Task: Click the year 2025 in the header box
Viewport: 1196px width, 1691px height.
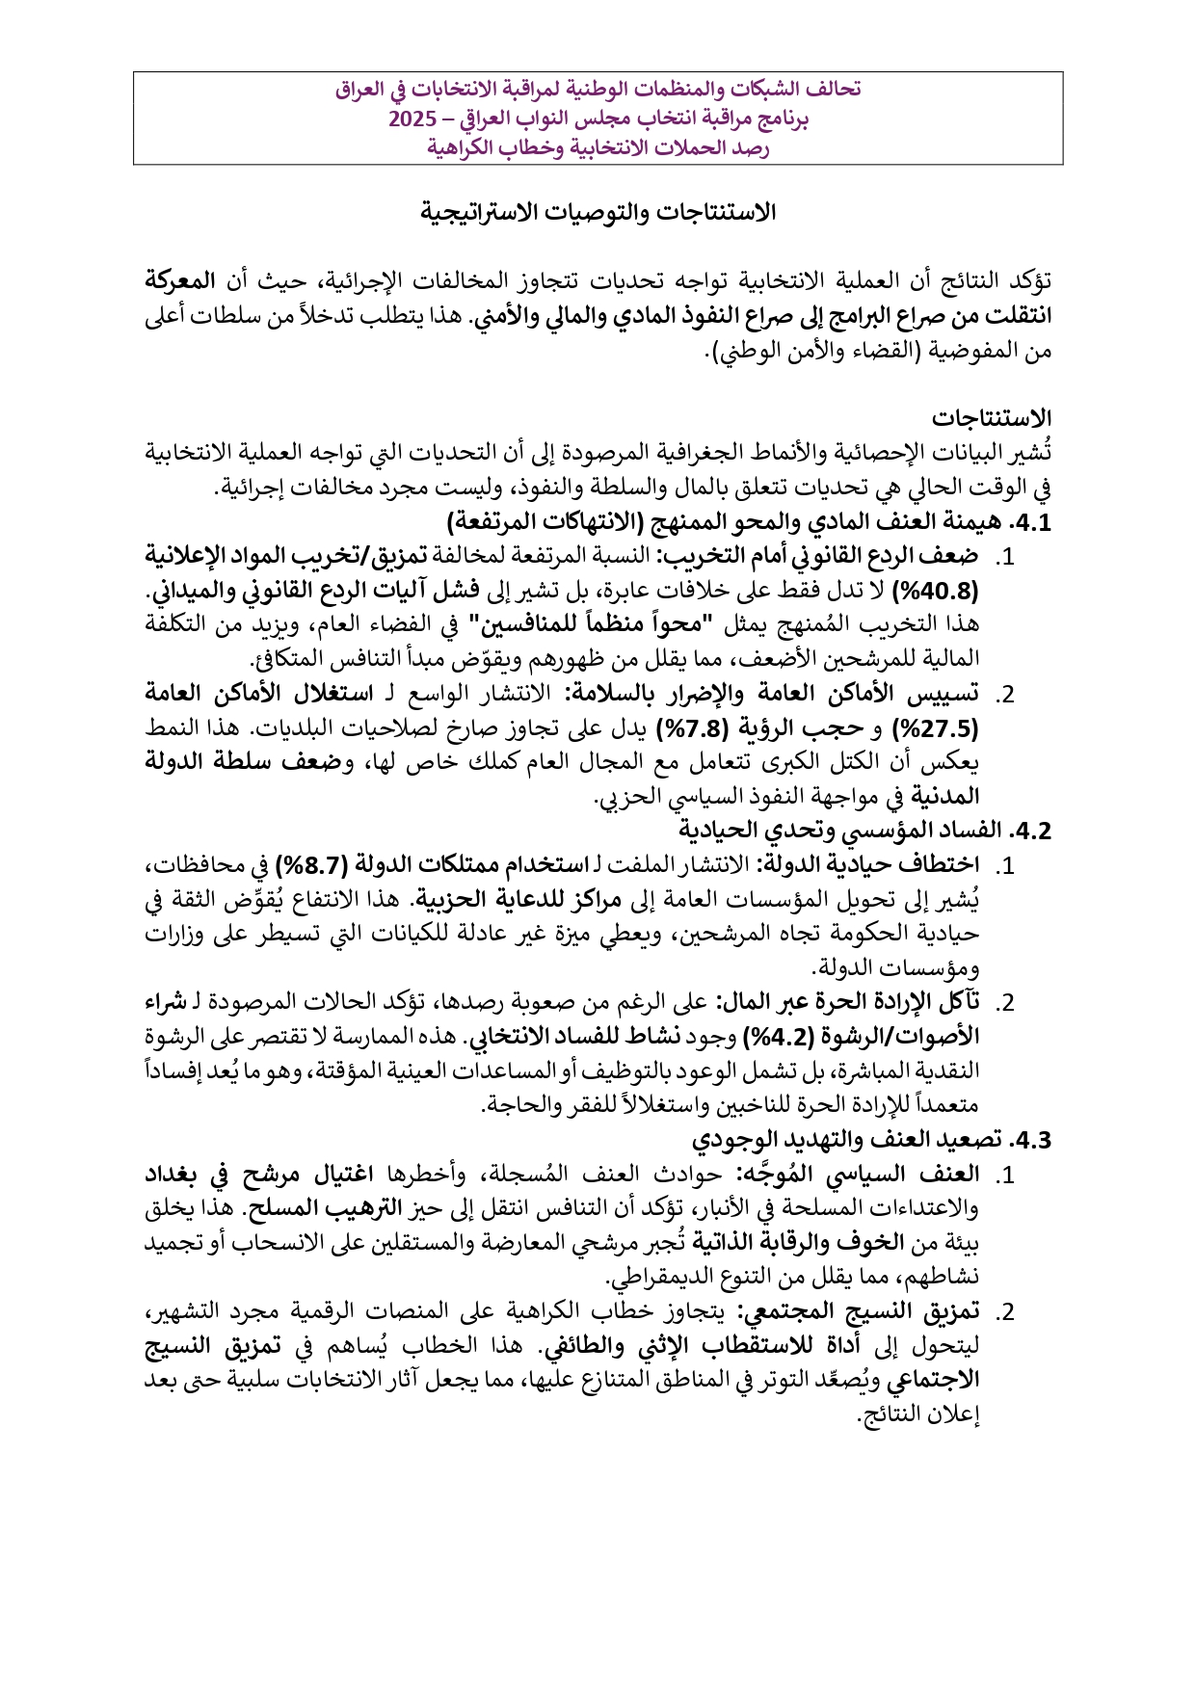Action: (412, 119)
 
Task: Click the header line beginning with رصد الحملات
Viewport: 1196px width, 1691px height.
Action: (598, 147)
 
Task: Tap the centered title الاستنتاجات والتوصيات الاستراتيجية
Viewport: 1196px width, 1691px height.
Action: (598, 212)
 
